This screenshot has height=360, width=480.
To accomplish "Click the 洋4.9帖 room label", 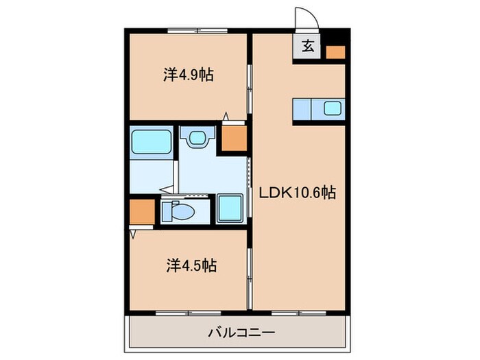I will click(x=188, y=75).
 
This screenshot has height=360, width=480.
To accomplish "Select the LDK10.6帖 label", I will click(x=296, y=194).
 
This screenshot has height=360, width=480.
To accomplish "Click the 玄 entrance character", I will click(x=308, y=48).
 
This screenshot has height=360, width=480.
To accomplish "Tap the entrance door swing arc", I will click(x=304, y=17).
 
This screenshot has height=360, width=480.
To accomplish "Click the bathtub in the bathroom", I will click(x=151, y=141).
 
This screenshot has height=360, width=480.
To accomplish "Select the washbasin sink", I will click(x=197, y=137).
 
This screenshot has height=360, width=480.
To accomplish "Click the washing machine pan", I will click(x=230, y=208).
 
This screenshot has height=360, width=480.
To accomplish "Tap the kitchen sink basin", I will click(x=333, y=108).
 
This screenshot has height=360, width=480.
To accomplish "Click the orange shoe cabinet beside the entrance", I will click(x=335, y=51).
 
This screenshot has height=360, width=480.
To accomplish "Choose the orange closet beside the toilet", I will click(x=143, y=213).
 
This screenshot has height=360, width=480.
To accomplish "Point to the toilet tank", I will click(x=167, y=212).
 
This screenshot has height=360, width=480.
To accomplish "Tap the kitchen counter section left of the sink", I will click(x=303, y=108).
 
